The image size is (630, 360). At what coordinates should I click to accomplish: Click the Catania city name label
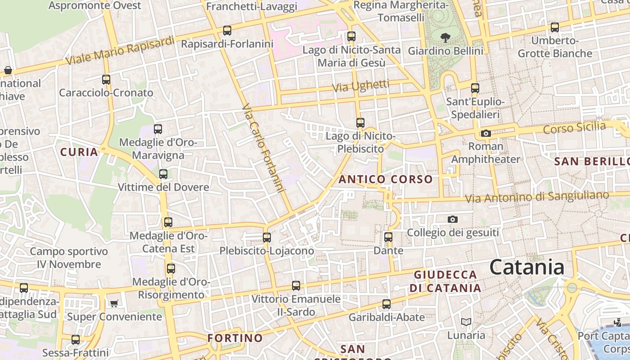(526, 267)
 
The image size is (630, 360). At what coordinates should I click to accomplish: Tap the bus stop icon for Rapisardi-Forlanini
(227, 31)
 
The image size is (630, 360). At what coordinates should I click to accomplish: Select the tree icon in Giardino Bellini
(445, 38)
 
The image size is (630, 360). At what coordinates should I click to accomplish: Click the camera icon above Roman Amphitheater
(486, 133)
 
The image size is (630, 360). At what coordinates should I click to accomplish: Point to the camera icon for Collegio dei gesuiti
(453, 220)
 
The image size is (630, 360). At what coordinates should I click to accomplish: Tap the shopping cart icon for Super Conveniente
(114, 304)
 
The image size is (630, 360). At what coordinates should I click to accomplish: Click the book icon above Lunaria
(466, 322)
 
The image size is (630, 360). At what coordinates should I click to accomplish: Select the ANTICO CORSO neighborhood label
(386, 179)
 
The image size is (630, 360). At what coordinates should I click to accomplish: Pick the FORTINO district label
(235, 337)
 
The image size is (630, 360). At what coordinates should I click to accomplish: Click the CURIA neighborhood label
(79, 152)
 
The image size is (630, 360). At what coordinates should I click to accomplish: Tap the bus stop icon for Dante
(388, 237)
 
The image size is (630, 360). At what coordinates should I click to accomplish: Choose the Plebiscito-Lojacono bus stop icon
(267, 238)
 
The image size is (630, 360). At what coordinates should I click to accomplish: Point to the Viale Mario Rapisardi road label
(120, 50)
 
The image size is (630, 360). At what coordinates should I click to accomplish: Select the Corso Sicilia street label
(575, 128)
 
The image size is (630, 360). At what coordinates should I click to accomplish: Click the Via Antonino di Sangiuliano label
(537, 197)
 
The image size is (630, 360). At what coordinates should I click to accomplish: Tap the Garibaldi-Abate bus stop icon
(387, 304)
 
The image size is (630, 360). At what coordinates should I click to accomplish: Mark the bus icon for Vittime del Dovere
(163, 174)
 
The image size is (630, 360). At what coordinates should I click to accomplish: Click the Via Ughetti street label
(361, 85)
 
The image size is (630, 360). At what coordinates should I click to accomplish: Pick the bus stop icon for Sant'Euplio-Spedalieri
(475, 88)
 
